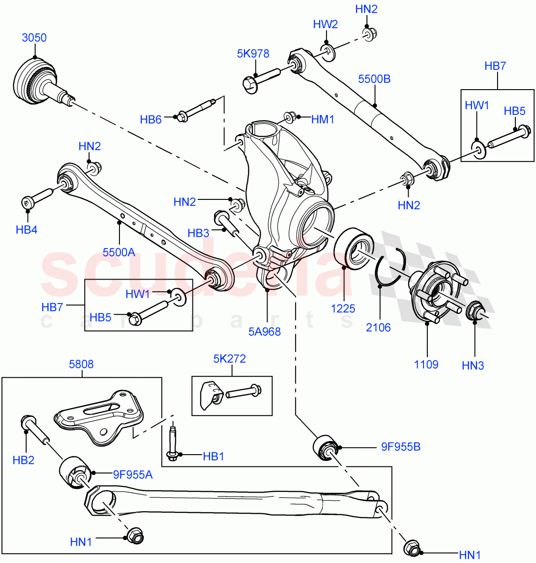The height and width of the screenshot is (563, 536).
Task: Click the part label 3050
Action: (34, 38)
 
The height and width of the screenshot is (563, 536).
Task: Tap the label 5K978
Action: (253, 53)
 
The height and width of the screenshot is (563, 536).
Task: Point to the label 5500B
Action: (374, 79)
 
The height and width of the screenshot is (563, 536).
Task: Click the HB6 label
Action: (150, 120)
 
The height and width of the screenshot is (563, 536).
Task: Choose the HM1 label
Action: (323, 120)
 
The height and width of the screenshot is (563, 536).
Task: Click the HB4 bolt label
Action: (26, 229)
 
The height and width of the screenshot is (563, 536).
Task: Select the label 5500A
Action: (119, 252)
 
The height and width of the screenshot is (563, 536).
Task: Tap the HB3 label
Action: (198, 233)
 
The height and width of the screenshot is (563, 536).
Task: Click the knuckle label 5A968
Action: (265, 331)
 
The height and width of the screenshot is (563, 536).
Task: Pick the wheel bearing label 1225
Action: (343, 308)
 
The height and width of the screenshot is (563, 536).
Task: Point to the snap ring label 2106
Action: (378, 327)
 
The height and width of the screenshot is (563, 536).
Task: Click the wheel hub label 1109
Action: (426, 364)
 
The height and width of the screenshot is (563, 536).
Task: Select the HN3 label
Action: (473, 365)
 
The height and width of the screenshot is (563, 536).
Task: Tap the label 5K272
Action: (230, 358)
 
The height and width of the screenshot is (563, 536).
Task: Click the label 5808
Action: (81, 364)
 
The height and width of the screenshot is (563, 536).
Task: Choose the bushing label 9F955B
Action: (401, 447)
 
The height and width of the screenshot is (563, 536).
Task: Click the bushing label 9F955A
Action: (133, 474)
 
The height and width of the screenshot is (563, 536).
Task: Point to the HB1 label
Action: (213, 456)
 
